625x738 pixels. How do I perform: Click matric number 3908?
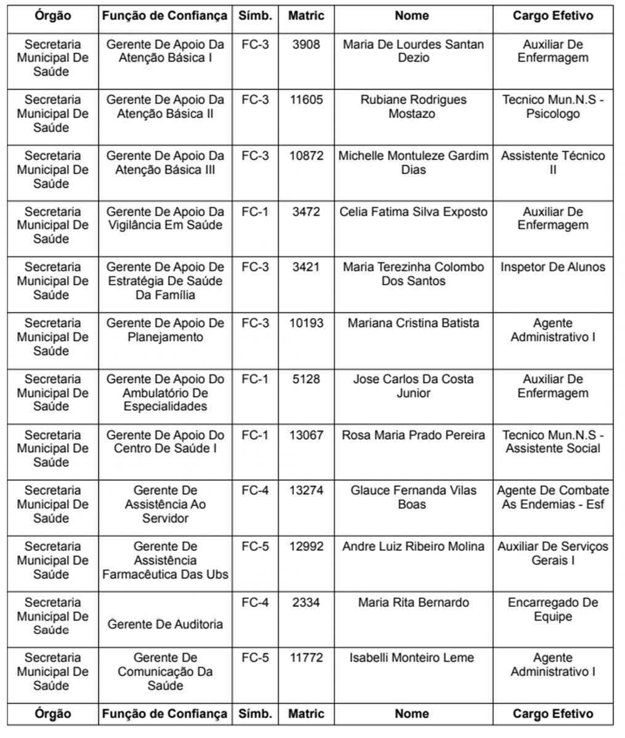coord(305,44)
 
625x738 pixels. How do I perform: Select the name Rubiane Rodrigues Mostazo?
coord(413,106)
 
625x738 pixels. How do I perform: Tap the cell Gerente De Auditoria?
coord(165,624)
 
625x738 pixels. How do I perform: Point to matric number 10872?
coord(306,156)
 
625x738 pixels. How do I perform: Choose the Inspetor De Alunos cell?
coord(552,267)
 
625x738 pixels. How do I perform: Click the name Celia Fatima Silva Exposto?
coord(413,212)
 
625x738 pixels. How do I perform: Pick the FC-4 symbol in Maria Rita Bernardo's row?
coord(255,602)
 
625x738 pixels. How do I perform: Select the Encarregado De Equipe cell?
coord(552,609)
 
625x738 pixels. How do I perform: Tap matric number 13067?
coord(306,435)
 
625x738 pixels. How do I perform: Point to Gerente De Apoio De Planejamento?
coord(165,330)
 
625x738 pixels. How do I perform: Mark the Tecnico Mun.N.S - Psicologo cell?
coord(552,106)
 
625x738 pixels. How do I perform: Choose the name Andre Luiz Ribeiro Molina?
coord(413,546)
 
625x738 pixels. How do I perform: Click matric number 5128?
coord(306,379)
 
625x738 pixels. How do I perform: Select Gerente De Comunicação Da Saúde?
coord(165,671)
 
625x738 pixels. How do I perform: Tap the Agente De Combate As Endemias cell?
coord(552,498)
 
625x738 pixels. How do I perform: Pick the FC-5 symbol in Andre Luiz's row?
coord(255,546)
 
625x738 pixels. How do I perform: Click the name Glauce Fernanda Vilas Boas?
coord(413,498)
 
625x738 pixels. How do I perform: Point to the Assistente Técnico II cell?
coord(552,162)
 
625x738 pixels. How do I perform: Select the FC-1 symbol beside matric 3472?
coord(255,212)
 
